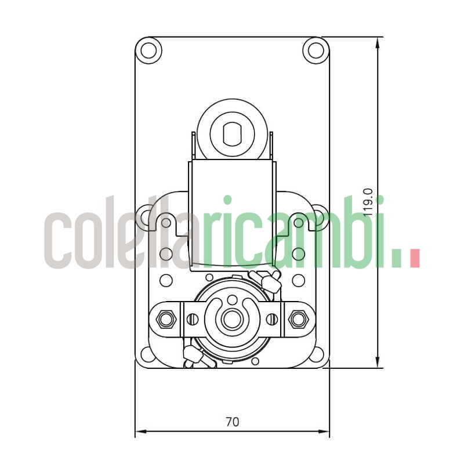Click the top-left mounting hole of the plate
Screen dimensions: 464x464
(148, 50)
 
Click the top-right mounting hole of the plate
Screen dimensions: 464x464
(316, 50)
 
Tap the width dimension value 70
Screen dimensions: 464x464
(232, 422)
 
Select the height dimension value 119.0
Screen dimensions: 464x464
(368, 202)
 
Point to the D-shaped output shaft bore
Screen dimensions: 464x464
(232, 133)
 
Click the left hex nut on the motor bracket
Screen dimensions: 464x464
(166, 318)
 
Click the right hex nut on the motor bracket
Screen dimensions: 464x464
(299, 318)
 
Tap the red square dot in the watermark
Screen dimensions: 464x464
(414, 259)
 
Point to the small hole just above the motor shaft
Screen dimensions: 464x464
(232, 300)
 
